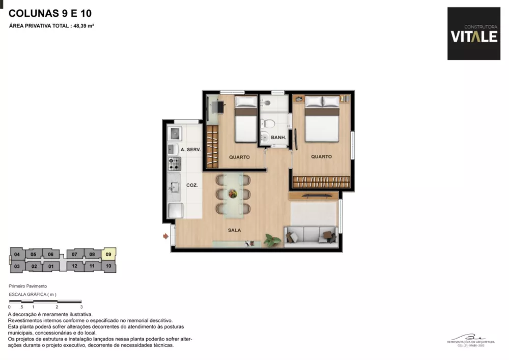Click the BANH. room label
tap(278, 137)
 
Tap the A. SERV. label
tap(191, 150)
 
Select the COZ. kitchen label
tap(192, 185)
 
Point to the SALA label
tap(235, 230)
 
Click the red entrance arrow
tap(166, 236)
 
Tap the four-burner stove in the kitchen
tap(175, 163)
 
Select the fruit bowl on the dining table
tap(233, 194)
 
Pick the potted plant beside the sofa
tap(273, 238)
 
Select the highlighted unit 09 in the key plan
tap(108, 254)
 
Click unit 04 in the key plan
tap(17, 254)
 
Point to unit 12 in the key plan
tap(74, 266)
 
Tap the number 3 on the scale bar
tap(81, 307)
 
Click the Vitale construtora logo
tap(473, 34)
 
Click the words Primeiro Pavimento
tap(28, 287)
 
